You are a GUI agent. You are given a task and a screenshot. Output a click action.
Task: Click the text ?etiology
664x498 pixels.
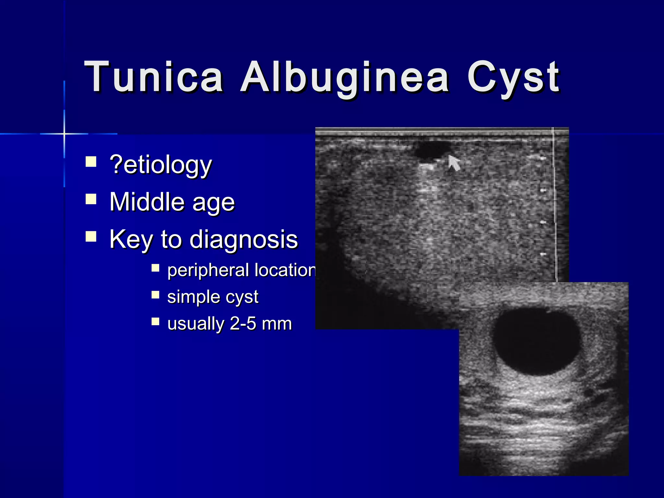tap(161, 165)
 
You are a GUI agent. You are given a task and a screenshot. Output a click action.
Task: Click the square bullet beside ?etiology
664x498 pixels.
tap(91, 161)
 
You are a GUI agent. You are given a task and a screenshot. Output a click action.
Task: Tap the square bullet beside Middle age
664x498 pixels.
tap(91, 199)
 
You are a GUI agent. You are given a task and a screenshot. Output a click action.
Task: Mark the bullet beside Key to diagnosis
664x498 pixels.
tap(91, 236)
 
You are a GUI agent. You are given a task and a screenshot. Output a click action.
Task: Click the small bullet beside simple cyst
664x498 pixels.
tap(156, 295)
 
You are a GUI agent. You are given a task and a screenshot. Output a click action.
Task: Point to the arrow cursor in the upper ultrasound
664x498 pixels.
tap(454, 162)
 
